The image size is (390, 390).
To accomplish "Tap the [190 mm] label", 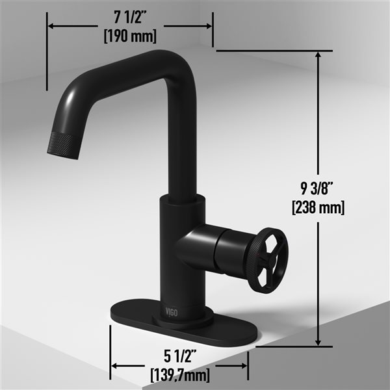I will [x=131, y=36].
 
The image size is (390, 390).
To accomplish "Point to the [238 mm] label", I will [x=318, y=208].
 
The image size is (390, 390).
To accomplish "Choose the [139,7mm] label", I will [x=179, y=374].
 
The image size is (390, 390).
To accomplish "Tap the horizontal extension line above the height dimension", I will [x=273, y=50].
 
